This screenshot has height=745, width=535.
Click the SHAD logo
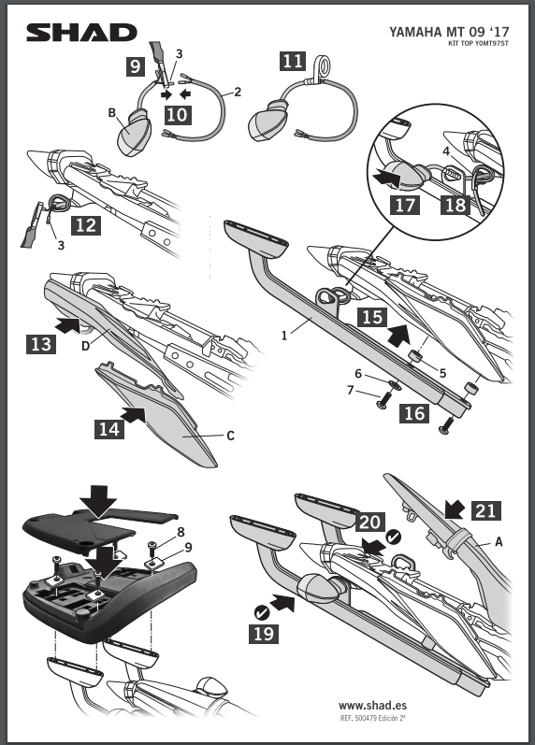click(x=81, y=33)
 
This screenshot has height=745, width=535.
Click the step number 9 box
click(x=136, y=66)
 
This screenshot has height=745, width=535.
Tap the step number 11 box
click(x=293, y=61)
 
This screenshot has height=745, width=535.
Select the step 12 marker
click(x=86, y=224)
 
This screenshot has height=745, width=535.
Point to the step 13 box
click(x=41, y=344)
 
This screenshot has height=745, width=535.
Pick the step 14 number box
click(x=108, y=429)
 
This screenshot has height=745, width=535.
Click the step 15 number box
click(x=372, y=318)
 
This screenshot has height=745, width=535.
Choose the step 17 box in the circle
click(x=405, y=205)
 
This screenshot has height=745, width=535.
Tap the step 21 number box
click(x=486, y=510)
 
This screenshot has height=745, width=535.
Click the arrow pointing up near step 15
click(x=398, y=335)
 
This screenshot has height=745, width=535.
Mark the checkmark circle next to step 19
click(x=262, y=612)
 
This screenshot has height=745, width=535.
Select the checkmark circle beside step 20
click(x=393, y=537)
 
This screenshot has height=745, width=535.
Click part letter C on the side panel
click(x=230, y=436)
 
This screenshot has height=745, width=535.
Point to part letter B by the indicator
click(x=112, y=112)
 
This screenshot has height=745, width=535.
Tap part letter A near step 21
click(x=499, y=541)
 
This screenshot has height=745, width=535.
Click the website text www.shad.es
click(x=372, y=706)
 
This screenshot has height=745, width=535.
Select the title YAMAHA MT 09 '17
click(x=449, y=32)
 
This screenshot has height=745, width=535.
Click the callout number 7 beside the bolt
click(x=351, y=391)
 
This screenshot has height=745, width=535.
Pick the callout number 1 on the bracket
click(x=284, y=336)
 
